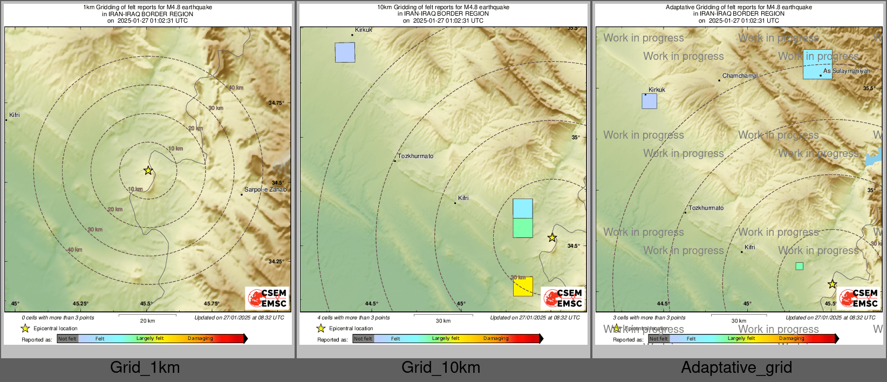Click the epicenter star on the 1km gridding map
coord(148,170)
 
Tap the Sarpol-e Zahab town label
coord(265,189)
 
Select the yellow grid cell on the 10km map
coord(523,286)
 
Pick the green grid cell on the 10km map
coord(523,228)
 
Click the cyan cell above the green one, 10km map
coord(523,208)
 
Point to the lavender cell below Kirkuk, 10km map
coord(345,52)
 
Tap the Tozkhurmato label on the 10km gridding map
coord(415,156)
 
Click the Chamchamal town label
coord(740,76)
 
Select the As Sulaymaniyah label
coord(847,71)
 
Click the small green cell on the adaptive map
coord(799,266)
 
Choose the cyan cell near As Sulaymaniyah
coord(817,64)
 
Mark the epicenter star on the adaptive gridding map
coord(832,284)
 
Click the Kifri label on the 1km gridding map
coord(15,115)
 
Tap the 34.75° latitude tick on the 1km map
coord(276,103)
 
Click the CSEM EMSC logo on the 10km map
coord(564,298)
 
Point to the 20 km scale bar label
coord(147,320)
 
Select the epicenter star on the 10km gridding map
coord(552,237)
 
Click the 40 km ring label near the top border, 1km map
coord(236,87)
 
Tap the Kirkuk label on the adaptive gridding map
coord(657,90)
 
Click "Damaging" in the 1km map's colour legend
coord(200,338)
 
